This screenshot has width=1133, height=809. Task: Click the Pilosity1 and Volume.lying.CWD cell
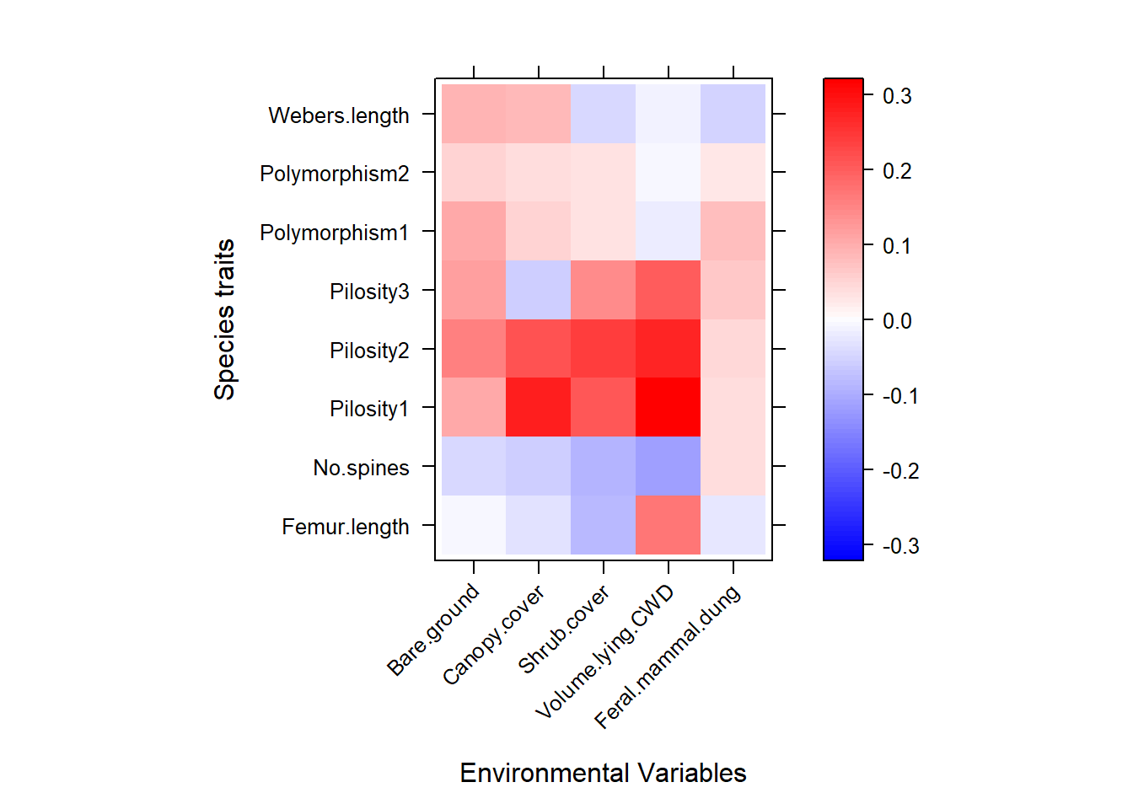668,407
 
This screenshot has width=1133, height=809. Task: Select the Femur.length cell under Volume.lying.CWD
668,525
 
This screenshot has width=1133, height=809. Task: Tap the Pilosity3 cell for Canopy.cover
539,290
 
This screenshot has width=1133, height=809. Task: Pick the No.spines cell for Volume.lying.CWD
668,466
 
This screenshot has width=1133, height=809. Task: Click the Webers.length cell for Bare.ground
474,114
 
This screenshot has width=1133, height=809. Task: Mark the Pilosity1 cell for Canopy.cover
539,407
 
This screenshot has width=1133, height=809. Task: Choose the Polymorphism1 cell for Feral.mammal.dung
733,231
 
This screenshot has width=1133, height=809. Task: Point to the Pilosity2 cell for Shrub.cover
604,349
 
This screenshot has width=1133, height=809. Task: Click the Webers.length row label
338,115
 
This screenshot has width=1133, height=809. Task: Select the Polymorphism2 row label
334,174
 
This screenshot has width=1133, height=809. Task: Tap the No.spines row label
361,468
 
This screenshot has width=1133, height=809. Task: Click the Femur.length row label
345,527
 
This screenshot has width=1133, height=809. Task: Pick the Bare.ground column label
433,630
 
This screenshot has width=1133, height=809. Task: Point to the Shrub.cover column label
563,630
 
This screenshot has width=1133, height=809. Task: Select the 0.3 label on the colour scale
897,96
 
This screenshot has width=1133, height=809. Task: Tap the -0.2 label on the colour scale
899,471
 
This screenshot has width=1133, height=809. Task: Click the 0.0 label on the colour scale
897,321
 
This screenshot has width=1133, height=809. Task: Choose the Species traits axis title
224,319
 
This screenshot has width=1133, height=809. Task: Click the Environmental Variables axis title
603,773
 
